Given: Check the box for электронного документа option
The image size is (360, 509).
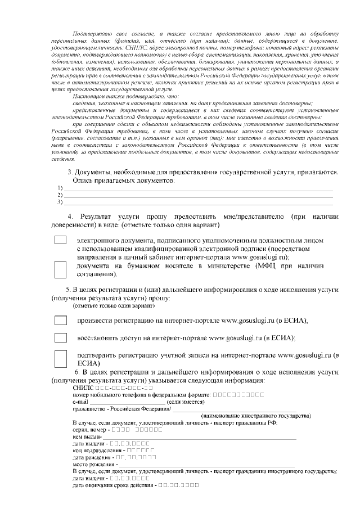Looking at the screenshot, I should click(60, 240).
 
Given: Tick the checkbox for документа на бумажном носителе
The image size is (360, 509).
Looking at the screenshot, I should click(60, 269).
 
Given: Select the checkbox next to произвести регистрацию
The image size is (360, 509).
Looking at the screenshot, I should click(60, 320).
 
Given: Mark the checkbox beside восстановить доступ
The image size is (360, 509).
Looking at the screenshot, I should click(60, 337).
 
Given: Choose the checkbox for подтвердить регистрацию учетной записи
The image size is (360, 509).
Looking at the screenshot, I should click(60, 358).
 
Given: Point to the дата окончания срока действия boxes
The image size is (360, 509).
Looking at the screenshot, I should click(178, 485).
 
